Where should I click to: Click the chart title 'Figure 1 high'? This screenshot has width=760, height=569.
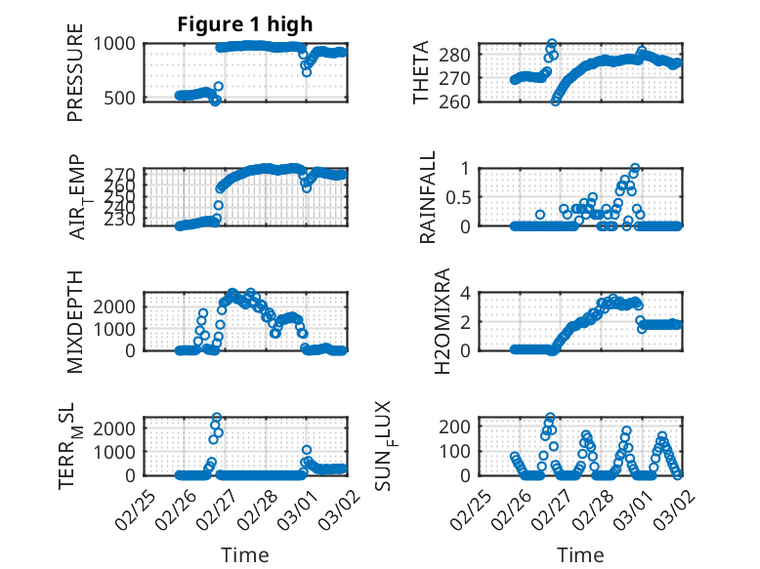(245, 24)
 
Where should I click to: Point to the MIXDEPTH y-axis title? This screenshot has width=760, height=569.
(75, 321)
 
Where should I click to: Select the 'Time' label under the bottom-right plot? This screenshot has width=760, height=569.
(580, 555)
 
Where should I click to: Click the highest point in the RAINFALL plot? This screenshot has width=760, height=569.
(635, 169)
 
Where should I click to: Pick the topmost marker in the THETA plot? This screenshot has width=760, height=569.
(552, 44)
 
